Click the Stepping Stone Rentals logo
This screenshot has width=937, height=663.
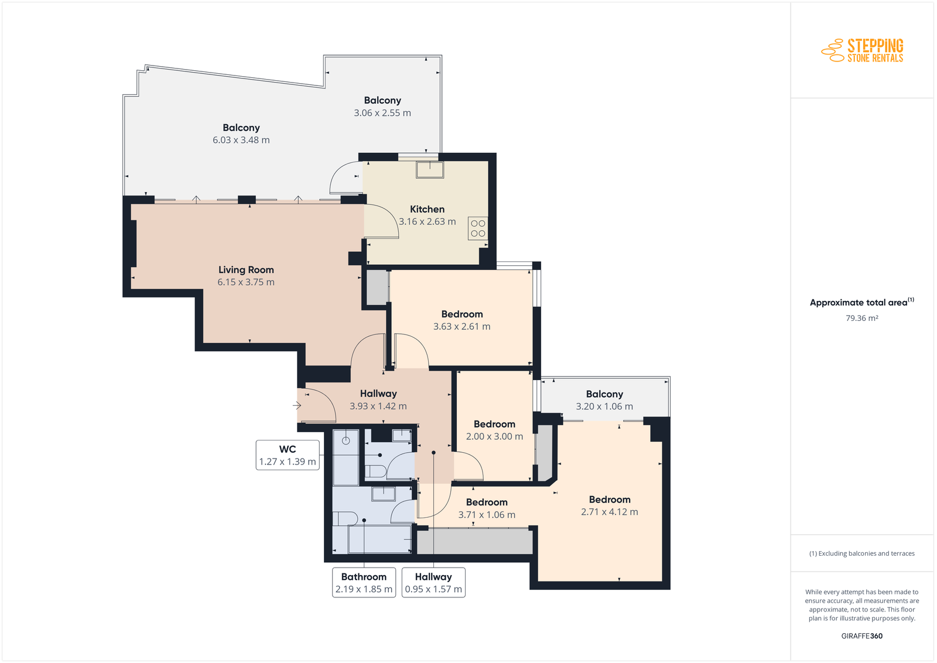[x=862, y=50]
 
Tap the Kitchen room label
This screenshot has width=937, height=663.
[x=427, y=209]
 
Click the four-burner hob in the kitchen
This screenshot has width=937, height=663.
[x=478, y=228]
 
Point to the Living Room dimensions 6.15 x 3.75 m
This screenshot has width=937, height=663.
[x=246, y=282]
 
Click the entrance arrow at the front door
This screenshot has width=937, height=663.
[x=297, y=405]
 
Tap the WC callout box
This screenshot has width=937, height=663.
[x=288, y=455]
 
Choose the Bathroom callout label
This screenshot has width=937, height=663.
[x=364, y=583]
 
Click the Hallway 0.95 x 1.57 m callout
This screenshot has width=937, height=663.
[x=433, y=583]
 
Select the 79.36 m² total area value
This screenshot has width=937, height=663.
[x=861, y=319]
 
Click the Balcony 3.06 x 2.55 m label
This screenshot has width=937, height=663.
[x=382, y=107]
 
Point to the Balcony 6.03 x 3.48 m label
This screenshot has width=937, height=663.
[x=241, y=134]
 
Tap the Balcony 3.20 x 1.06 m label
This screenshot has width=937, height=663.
[x=604, y=400]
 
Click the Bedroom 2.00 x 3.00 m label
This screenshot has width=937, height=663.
[x=494, y=430]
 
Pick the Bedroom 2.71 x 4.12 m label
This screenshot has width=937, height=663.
[x=610, y=505]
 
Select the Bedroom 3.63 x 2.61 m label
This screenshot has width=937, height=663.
[x=462, y=320]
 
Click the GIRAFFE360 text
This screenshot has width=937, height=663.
[x=861, y=636]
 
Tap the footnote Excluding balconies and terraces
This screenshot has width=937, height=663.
[x=861, y=554]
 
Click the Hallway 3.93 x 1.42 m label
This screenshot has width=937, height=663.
[x=378, y=400]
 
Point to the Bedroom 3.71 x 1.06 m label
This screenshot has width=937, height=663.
[x=487, y=508]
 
